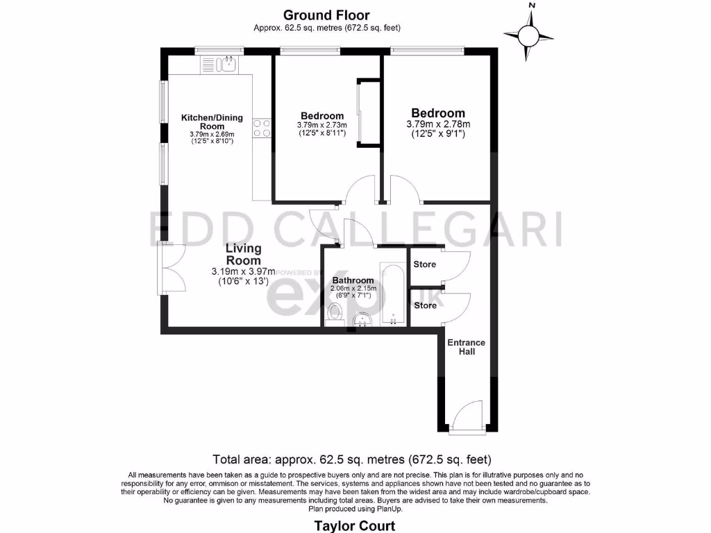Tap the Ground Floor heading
[326, 15]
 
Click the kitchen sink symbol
[220, 65]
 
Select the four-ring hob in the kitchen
[262, 128]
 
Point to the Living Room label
[243, 254]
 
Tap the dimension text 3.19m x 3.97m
[243, 271]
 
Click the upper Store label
[425, 264]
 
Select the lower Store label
[425, 305]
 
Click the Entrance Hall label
[466, 347]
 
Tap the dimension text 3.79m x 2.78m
[437, 124]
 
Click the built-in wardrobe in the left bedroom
[368, 112]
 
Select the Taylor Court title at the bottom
[355, 525]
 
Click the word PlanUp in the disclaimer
[387, 509]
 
